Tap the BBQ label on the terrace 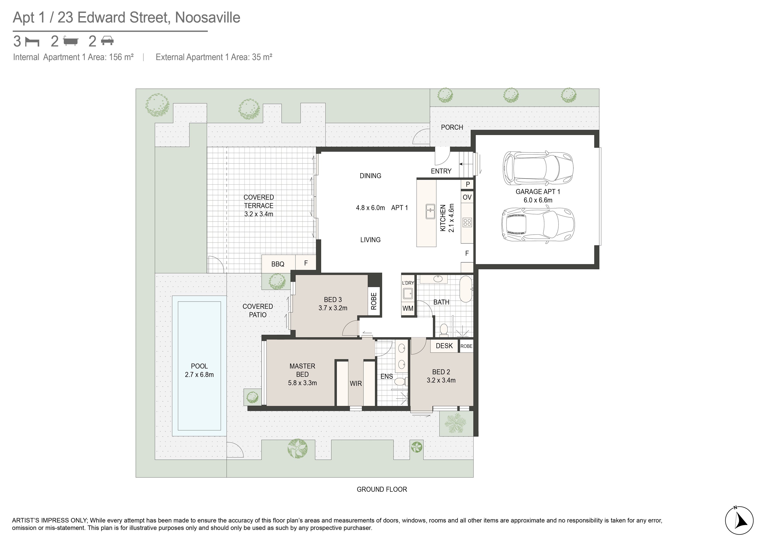click(x=278, y=264)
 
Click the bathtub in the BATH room click(x=466, y=288)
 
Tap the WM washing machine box click(x=408, y=308)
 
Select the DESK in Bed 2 click(x=444, y=346)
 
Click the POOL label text click(x=199, y=366)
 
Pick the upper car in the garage click(x=538, y=168)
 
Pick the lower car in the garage click(x=538, y=224)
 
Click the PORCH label click(x=452, y=127)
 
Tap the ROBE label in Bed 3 click(x=374, y=301)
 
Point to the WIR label click(x=356, y=384)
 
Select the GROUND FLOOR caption click(x=382, y=489)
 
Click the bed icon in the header click(x=32, y=42)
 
